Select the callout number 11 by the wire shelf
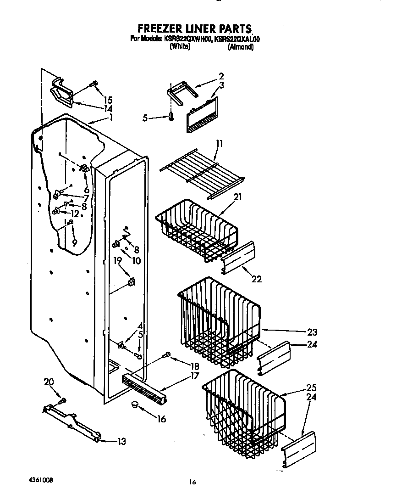tap(219, 144)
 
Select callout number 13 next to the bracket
tap(121, 442)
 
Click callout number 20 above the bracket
tap(49, 382)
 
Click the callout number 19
tap(117, 261)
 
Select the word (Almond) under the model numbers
tap(240, 47)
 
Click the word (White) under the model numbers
tap(180, 47)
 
